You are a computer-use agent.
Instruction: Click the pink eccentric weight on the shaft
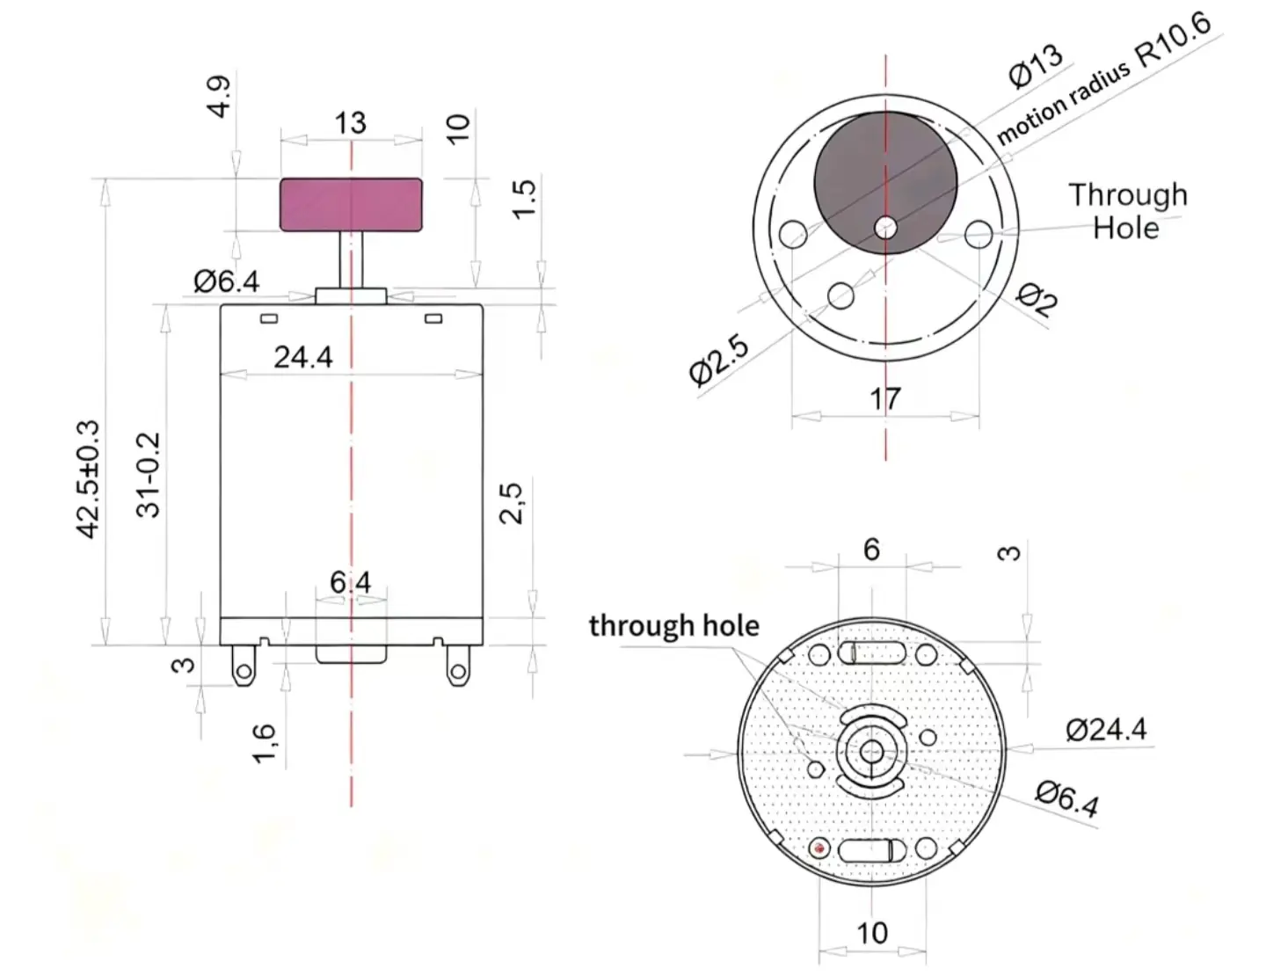pyautogui.click(x=351, y=204)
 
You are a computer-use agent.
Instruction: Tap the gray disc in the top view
pyautogui.click(x=885, y=183)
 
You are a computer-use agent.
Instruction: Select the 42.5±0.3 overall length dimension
pyautogui.click(x=88, y=479)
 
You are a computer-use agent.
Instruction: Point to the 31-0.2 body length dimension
pyautogui.click(x=149, y=475)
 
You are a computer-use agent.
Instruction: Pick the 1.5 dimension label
pyautogui.click(x=523, y=199)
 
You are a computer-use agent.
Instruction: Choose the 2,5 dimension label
pyautogui.click(x=511, y=503)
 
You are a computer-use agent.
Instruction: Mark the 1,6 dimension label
pyautogui.click(x=265, y=743)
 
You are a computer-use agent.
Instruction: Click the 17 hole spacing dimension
pyautogui.click(x=884, y=399)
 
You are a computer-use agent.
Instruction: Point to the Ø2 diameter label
pyautogui.click(x=1037, y=300)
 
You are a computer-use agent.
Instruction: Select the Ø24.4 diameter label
pyautogui.click(x=1106, y=730)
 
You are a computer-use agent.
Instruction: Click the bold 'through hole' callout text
pyautogui.click(x=673, y=626)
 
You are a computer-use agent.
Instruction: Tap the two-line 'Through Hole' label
pyautogui.click(x=1127, y=211)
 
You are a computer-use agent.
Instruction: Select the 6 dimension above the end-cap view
pyautogui.click(x=871, y=550)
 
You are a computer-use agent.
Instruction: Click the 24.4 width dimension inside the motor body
pyautogui.click(x=303, y=357)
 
